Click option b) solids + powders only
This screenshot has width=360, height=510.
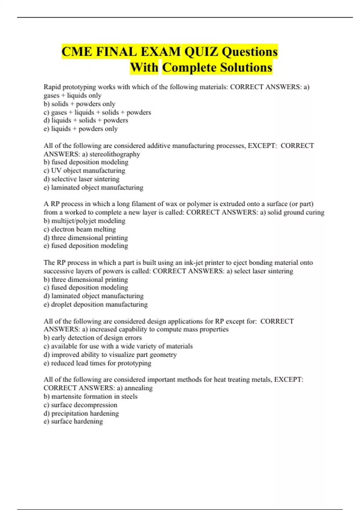point(79,104)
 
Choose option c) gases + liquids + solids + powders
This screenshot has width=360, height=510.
point(97,112)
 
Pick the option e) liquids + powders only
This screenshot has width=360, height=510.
point(80,129)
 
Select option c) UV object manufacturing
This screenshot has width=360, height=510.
point(84,171)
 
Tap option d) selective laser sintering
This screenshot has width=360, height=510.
point(82,179)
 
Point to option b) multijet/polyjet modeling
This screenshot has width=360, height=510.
point(84,221)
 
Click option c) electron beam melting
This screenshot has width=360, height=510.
point(79,229)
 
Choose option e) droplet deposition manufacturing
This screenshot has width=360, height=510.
point(95,304)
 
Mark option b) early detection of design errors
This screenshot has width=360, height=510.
point(93,338)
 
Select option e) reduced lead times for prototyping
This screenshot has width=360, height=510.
point(97,363)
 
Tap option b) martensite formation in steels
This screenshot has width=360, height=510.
point(91,396)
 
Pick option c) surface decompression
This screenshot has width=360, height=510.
point(80,405)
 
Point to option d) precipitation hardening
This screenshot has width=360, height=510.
point(81,413)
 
